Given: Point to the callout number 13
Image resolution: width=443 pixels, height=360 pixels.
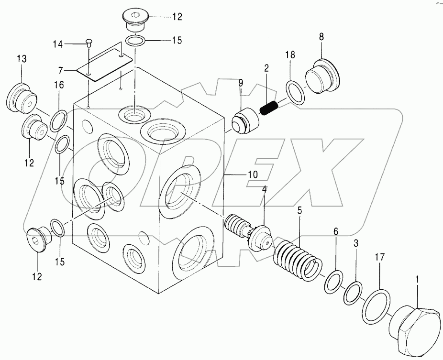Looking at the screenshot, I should (x=21, y=59).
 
